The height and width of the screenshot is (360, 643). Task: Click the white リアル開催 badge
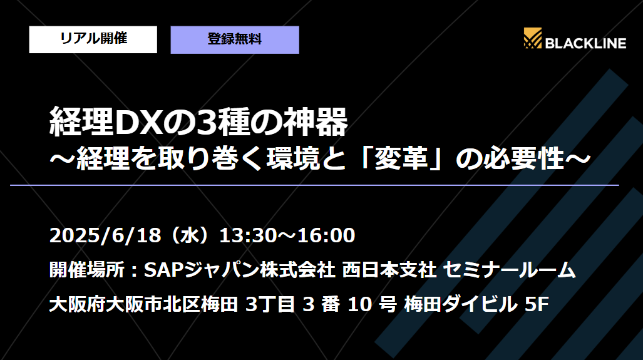(93, 39)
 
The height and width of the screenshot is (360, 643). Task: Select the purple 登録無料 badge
(235, 39)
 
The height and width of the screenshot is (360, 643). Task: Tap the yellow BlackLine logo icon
(533, 39)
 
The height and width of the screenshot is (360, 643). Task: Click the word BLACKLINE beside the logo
(585, 43)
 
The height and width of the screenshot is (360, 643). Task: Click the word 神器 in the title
(322, 123)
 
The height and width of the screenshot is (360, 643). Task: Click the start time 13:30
(250, 236)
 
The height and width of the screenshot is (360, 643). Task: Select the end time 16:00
(326, 236)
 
